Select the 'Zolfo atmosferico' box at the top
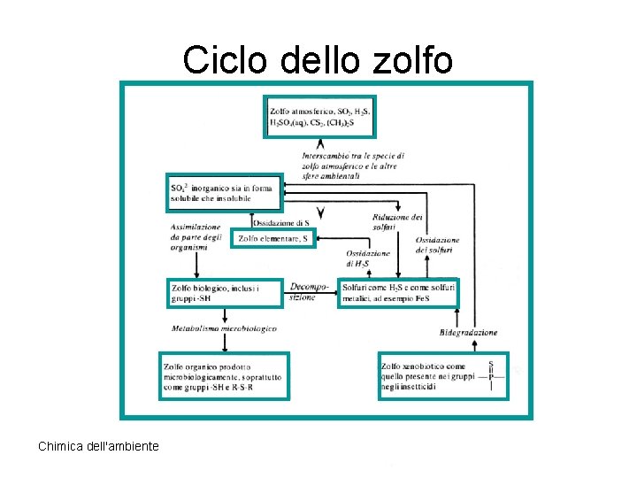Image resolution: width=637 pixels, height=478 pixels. click(320, 117)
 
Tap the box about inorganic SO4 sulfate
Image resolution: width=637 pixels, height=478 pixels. click(224, 193)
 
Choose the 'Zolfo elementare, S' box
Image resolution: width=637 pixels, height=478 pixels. click(273, 238)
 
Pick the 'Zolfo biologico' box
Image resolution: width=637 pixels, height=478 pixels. click(224, 293)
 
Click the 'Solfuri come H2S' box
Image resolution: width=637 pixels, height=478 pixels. click(398, 293)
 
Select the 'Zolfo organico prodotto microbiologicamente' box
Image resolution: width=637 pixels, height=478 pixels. click(225, 376)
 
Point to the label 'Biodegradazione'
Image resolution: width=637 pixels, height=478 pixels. click(468, 332)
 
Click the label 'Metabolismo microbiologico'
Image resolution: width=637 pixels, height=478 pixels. click(224, 328)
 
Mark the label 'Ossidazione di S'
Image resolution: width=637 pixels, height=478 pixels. click(281, 222)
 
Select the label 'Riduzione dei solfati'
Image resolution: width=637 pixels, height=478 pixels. click(397, 222)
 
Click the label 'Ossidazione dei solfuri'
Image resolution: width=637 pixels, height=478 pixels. click(437, 245)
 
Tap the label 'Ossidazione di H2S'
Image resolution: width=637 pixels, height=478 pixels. click(363, 258)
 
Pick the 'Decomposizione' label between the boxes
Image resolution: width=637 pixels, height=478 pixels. click(309, 291)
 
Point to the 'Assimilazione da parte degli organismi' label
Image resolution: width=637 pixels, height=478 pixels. click(196, 236)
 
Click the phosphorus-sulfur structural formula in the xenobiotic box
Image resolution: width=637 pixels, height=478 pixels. click(492, 376)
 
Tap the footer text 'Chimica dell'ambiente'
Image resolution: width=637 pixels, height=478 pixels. click(98, 446)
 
